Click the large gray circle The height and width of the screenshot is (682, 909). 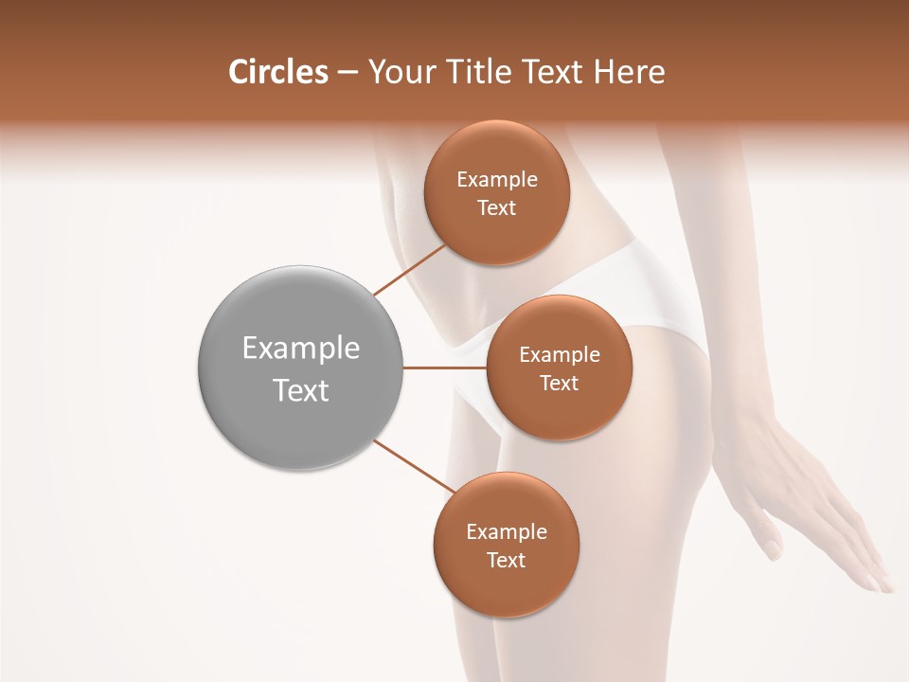pyautogui.click(x=301, y=368)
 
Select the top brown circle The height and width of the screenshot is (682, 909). pyautogui.click(x=496, y=192)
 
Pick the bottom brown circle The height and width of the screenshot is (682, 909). pyautogui.click(x=506, y=545)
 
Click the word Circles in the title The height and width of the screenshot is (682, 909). pyautogui.click(x=277, y=72)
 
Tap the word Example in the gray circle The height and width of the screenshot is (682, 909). pyautogui.click(x=301, y=349)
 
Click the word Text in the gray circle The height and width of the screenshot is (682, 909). pyautogui.click(x=301, y=390)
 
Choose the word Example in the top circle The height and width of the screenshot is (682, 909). pyautogui.click(x=497, y=179)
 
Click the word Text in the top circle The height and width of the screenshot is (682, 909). pyautogui.click(x=497, y=207)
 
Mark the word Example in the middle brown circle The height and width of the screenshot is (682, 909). pyautogui.click(x=560, y=354)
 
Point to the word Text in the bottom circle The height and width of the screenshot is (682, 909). pyautogui.click(x=506, y=560)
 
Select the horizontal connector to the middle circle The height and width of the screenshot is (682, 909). pyautogui.click(x=445, y=368)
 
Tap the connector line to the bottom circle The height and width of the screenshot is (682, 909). pyautogui.click(x=415, y=467)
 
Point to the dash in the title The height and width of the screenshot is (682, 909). pyautogui.click(x=347, y=73)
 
